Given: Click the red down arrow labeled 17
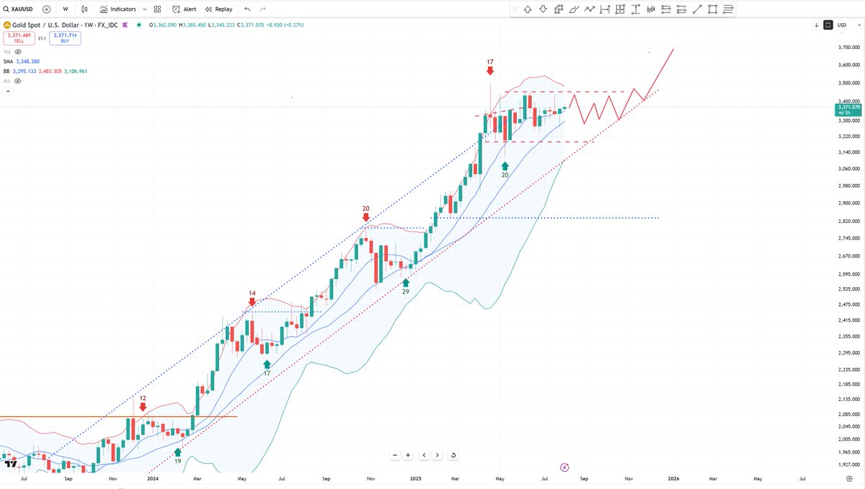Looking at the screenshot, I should (x=490, y=71).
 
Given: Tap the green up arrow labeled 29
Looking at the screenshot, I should (x=406, y=281).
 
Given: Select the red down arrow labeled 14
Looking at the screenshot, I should (x=252, y=302).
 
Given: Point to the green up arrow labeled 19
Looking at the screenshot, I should (x=178, y=452).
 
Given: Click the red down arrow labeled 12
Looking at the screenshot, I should (x=143, y=407).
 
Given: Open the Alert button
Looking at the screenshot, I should (x=184, y=9).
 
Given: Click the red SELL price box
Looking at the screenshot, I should (x=19, y=38).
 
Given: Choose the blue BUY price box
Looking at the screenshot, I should (x=66, y=38).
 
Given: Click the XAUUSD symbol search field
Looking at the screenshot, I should (x=19, y=9).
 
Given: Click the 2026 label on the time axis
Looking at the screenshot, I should (x=673, y=477).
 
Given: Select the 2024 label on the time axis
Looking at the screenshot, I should (x=152, y=477).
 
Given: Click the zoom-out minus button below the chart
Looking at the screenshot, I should (x=395, y=455).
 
